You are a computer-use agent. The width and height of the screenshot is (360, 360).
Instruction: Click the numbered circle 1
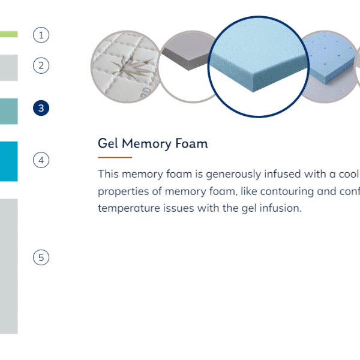(41, 35)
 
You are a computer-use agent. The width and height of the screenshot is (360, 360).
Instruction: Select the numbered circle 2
(41, 65)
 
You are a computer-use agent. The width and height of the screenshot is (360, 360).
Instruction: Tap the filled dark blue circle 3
(41, 108)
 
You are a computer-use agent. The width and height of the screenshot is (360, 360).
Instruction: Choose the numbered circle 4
(41, 160)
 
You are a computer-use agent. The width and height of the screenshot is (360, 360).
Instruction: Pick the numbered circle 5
(41, 257)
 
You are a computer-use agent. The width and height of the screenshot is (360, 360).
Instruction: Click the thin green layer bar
(9, 34)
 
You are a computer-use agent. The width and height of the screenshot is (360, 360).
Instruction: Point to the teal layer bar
(9, 112)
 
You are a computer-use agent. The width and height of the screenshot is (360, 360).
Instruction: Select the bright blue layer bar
(9, 161)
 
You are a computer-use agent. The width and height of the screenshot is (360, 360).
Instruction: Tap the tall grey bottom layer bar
(9, 266)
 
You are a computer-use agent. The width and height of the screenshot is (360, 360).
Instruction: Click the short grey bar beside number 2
(9, 68)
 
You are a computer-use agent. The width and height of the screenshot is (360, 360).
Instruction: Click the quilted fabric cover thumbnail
(125, 67)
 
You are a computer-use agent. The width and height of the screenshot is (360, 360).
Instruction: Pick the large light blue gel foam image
(258, 67)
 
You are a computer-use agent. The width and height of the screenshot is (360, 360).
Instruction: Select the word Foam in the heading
(191, 143)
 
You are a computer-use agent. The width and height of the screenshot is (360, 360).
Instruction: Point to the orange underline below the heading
(115, 157)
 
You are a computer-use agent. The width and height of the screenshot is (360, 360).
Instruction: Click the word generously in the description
(233, 174)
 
